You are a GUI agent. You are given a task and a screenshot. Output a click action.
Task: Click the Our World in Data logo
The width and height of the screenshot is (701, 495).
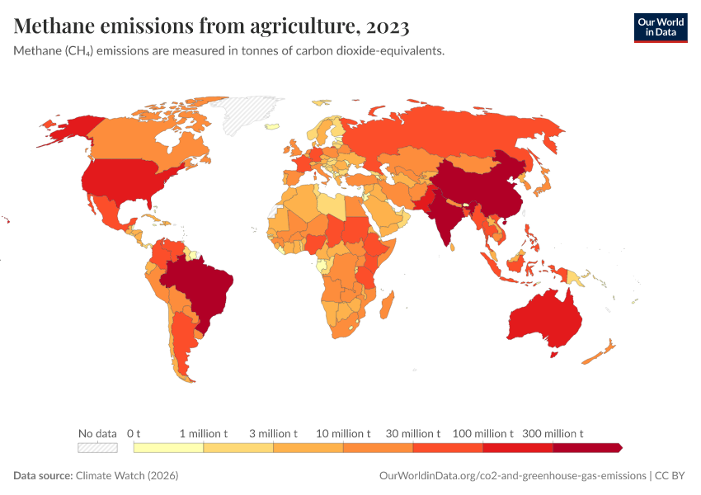(660, 26)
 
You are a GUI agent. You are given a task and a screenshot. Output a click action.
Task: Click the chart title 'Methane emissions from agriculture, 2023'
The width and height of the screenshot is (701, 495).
(211, 27)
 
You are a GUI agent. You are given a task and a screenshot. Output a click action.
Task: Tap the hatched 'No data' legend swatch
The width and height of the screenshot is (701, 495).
(97, 448)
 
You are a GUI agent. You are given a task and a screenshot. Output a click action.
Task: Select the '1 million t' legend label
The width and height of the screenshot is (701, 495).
(204, 433)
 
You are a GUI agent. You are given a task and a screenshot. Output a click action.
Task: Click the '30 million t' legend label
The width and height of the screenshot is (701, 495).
(414, 433)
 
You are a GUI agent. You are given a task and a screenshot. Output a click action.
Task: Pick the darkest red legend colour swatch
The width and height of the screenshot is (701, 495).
(586, 448)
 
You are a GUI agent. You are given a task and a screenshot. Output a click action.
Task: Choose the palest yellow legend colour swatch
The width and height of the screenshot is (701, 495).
(168, 448)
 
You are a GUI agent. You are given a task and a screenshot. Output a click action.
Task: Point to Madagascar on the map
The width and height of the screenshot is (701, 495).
(385, 307)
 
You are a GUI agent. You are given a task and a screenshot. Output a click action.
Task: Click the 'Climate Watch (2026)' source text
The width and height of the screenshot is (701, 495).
(127, 476)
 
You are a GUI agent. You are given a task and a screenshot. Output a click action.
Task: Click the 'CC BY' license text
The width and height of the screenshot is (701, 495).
(671, 476)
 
